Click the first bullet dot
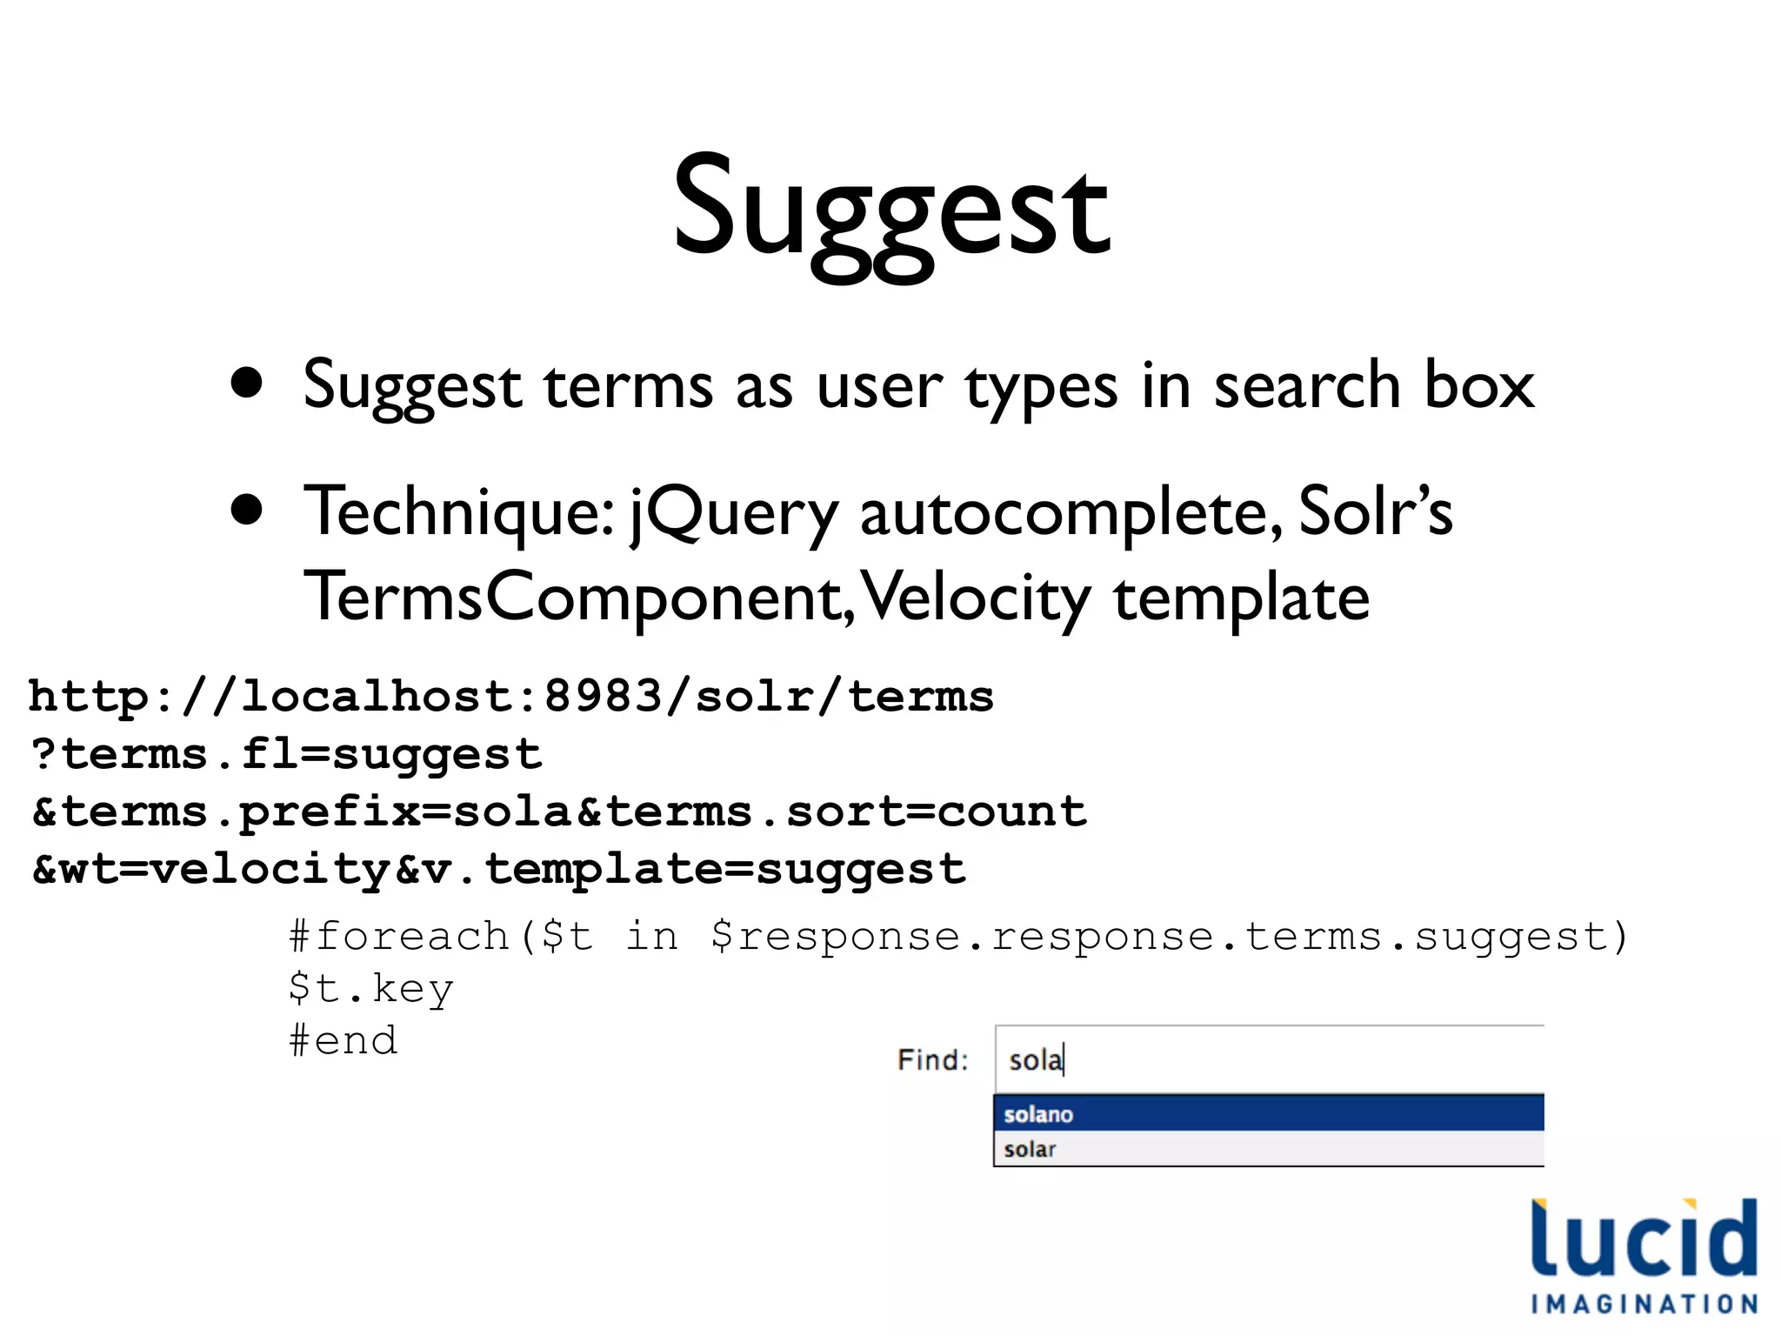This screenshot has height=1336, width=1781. click(247, 384)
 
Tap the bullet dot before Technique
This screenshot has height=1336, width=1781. click(247, 511)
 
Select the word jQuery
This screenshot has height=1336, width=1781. click(733, 513)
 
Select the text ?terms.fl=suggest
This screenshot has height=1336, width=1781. click(286, 754)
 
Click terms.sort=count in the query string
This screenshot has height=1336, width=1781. click(846, 812)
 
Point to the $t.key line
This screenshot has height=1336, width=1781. click(371, 989)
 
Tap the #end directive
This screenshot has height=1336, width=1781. click(344, 1040)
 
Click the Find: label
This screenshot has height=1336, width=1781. click(932, 1059)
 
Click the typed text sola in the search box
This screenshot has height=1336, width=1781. click(1035, 1060)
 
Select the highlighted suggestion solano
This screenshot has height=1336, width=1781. click(1038, 1114)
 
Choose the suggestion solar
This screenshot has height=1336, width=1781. click(1030, 1149)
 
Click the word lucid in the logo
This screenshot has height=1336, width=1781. click(1644, 1239)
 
